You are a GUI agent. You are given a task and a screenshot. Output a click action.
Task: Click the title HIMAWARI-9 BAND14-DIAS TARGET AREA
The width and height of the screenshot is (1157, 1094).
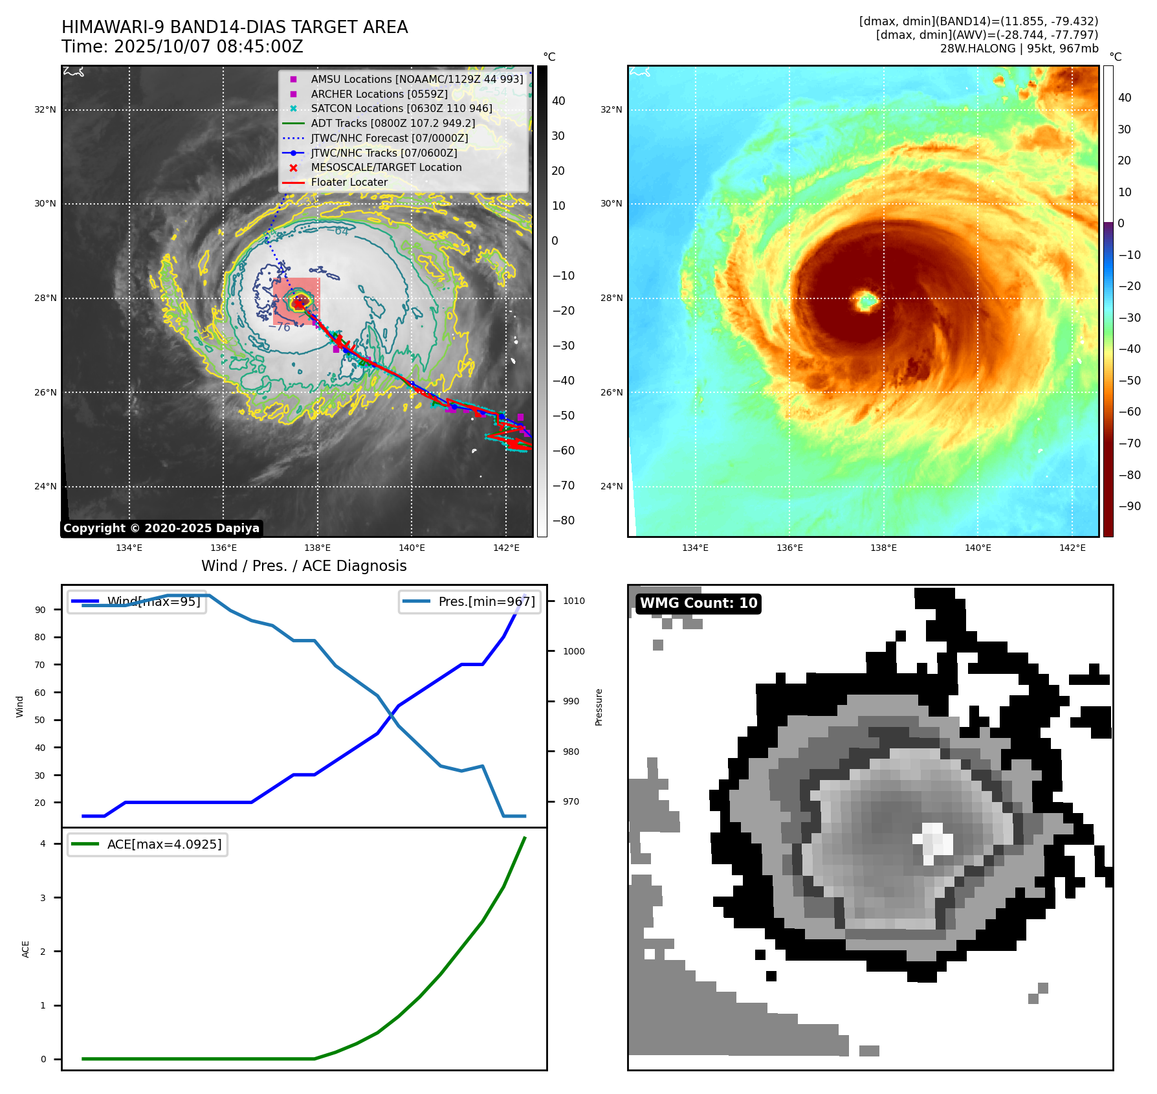pyautogui.click(x=234, y=27)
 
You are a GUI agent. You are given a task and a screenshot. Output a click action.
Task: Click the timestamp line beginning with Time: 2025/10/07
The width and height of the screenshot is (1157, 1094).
pyautogui.click(x=182, y=47)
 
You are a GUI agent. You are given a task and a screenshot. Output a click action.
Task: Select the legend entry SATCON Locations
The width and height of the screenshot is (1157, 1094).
pyautogui.click(x=401, y=109)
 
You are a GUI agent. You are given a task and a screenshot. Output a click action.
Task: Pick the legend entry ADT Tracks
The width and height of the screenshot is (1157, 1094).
pyautogui.click(x=393, y=123)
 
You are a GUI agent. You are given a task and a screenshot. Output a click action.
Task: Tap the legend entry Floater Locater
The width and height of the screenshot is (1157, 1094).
pyautogui.click(x=349, y=182)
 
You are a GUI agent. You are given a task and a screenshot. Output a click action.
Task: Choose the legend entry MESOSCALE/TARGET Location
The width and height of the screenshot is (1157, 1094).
pyautogui.click(x=386, y=167)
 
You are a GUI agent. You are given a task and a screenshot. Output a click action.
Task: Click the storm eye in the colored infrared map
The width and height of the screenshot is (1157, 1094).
pyautogui.click(x=866, y=300)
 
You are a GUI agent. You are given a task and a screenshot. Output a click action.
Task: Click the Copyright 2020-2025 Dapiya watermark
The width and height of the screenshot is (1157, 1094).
pyautogui.click(x=161, y=528)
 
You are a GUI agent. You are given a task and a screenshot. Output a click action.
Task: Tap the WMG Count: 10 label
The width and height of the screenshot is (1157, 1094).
pyautogui.click(x=698, y=603)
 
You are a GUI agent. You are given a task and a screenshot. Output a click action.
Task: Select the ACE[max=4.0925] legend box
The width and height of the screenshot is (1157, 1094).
pyautogui.click(x=148, y=844)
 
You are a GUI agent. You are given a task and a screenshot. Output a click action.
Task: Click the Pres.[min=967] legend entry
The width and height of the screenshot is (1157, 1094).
pyautogui.click(x=470, y=601)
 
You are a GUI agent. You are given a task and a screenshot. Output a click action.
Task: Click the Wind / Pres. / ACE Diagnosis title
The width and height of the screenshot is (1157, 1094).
pyautogui.click(x=303, y=566)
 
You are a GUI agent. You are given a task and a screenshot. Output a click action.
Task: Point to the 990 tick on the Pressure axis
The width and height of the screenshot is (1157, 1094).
pyautogui.click(x=571, y=701)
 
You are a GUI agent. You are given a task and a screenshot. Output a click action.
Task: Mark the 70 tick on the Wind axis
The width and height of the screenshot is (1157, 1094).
pyautogui.click(x=40, y=665)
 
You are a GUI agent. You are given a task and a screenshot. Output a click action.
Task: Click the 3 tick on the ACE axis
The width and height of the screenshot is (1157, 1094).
pyautogui.click(x=43, y=898)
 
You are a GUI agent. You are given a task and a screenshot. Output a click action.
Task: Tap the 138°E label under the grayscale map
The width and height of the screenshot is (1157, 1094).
pyautogui.click(x=317, y=548)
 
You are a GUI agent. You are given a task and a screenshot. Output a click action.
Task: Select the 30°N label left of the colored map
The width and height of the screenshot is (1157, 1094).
pyautogui.click(x=611, y=203)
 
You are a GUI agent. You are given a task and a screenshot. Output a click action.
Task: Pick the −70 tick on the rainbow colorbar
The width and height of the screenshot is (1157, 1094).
pyautogui.click(x=1130, y=443)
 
